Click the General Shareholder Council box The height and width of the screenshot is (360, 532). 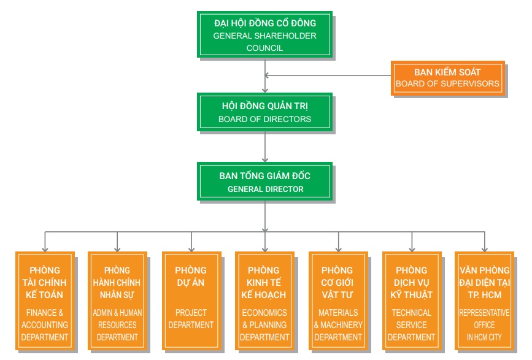coord(264,34)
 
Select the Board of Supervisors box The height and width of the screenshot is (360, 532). coord(448,79)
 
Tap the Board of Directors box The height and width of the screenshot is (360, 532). coord(264,112)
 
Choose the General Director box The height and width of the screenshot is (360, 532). coord(264,182)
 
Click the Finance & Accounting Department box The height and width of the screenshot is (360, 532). coord(45,301)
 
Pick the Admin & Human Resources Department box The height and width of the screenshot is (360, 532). coord(117,301)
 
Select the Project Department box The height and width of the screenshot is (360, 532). coord(191,301)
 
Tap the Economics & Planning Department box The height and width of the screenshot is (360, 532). coord(264,301)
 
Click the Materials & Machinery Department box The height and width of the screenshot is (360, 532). coord(338,301)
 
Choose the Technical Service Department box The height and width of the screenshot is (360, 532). coord(412,301)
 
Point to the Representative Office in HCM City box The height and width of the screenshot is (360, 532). coord(485,301)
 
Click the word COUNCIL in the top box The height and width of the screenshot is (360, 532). coord(264,48)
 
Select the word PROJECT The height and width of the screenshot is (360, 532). coord(191,313)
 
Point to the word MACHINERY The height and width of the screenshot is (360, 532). coord(341,325)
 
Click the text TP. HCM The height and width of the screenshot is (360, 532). coord(485,295)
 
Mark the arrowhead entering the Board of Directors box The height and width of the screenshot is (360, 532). coord(265,90)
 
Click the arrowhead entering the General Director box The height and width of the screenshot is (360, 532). coord(265,159)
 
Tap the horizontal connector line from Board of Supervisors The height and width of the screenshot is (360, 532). coord(328,75)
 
